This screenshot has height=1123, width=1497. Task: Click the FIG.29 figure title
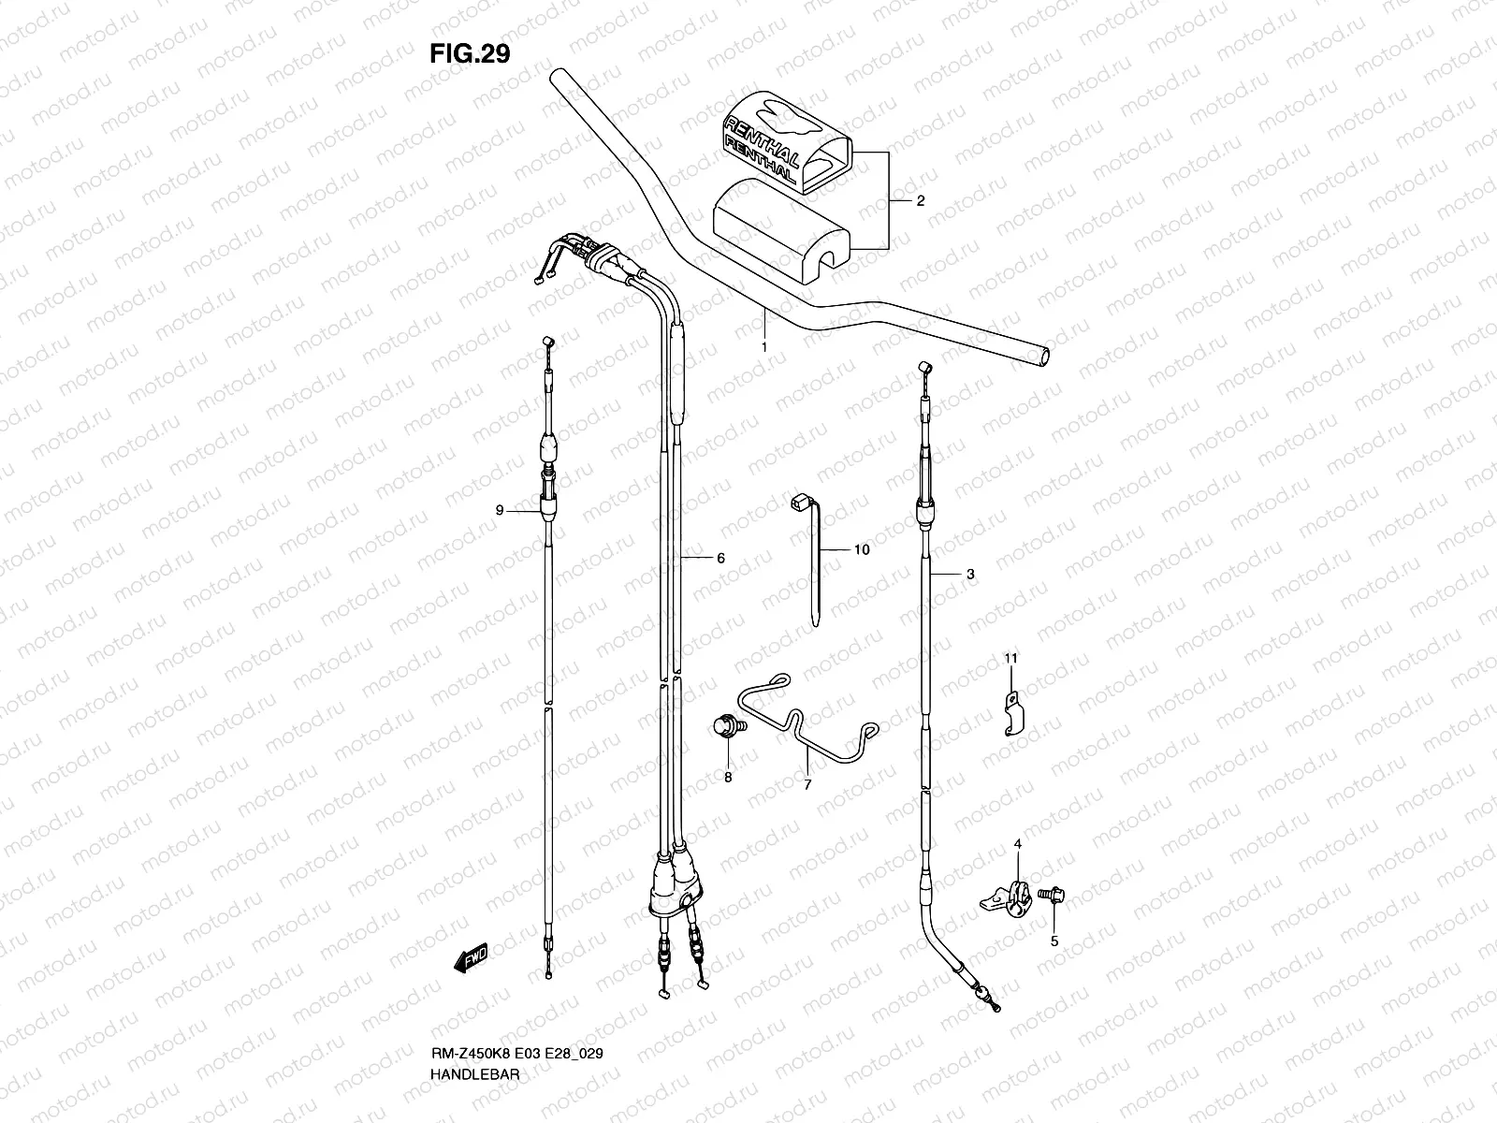[469, 53]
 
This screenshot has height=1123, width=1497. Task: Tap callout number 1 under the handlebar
[763, 347]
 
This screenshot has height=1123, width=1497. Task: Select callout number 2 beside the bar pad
[920, 200]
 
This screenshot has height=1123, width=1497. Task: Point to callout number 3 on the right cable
[970, 575]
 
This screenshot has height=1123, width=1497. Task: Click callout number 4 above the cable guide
[1018, 845]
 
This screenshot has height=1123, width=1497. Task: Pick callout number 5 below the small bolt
[1054, 941]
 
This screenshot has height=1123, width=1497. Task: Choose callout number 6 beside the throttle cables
[720, 559]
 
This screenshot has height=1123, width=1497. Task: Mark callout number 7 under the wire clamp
[807, 785]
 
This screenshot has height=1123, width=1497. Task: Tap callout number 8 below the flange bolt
[727, 777]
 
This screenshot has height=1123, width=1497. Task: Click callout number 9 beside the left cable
[500, 510]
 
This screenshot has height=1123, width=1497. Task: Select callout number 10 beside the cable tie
[862, 550]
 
